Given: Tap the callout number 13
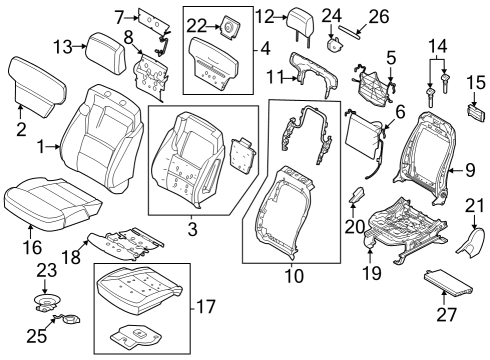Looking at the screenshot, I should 62,47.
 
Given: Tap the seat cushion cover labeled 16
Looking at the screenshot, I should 50,202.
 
